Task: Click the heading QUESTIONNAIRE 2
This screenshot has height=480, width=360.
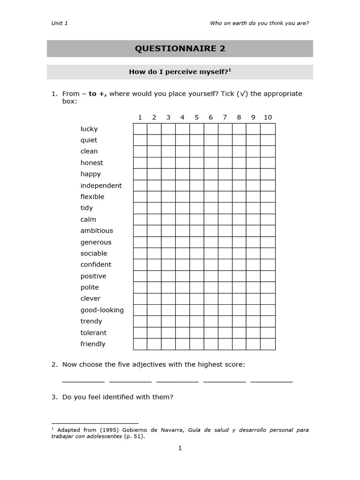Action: click(x=180, y=48)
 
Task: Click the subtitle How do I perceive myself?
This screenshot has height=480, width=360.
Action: click(x=180, y=72)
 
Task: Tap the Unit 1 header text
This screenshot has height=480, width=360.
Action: click(x=60, y=23)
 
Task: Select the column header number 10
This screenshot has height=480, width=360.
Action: click(x=268, y=117)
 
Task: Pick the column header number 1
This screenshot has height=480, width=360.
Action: click(x=140, y=117)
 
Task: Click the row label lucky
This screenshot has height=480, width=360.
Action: click(x=89, y=129)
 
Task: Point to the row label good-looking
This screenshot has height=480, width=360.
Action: click(x=102, y=310)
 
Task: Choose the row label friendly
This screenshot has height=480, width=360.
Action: click(x=93, y=344)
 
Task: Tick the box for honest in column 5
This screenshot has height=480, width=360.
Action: click(x=197, y=163)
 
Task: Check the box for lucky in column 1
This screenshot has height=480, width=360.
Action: click(x=140, y=129)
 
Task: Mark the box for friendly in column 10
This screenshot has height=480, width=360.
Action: click(x=268, y=344)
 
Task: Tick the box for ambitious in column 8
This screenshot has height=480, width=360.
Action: click(x=239, y=231)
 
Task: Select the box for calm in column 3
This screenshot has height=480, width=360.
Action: click(x=168, y=219)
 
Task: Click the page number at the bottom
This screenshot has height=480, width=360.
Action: click(x=180, y=448)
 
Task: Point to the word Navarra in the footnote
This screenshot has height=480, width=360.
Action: click(x=172, y=430)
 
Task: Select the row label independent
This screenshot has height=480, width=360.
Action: click(x=101, y=186)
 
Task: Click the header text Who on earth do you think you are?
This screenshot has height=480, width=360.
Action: click(x=259, y=23)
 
